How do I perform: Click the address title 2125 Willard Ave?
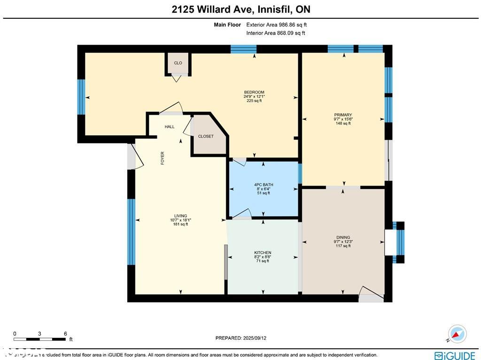click(x=240, y=9)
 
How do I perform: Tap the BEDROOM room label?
click(x=254, y=92)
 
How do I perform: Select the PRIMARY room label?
click(x=343, y=115)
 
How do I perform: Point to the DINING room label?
click(x=343, y=237)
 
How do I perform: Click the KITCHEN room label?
click(x=263, y=253)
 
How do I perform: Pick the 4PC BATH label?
click(x=263, y=184)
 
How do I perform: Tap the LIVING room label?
click(x=180, y=216)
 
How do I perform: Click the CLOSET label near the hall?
click(x=206, y=136)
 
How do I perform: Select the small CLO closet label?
click(x=178, y=63)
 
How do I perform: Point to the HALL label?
click(x=170, y=127)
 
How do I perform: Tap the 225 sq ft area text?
click(x=254, y=101)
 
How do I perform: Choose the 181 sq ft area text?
click(x=180, y=224)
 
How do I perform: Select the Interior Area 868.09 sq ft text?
click(x=275, y=33)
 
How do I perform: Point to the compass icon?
click(x=457, y=333)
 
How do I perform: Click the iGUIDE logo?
click(x=455, y=355)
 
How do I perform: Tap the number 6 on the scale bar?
click(x=65, y=334)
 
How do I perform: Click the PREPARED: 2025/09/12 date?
click(x=244, y=338)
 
